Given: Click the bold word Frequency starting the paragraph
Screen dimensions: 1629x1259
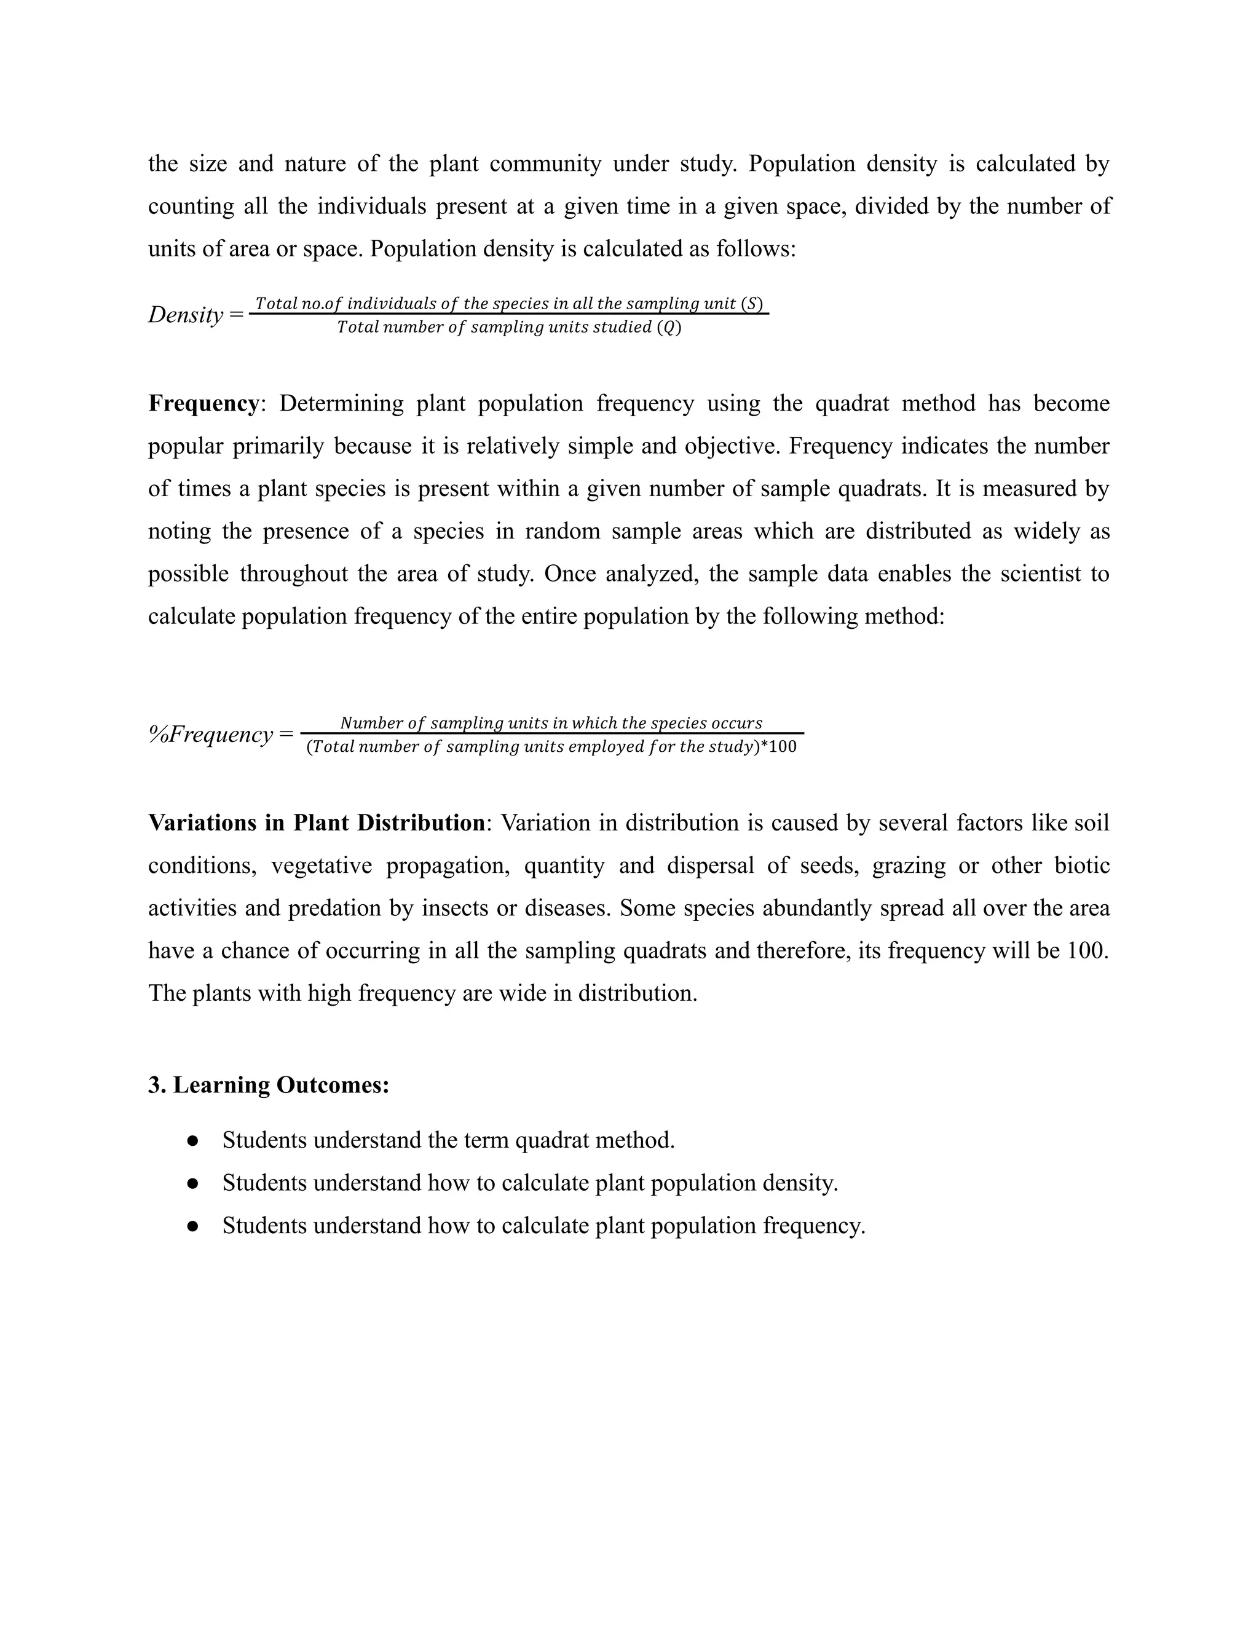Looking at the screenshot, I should [203, 403].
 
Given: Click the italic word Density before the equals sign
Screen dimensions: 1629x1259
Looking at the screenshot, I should [185, 315].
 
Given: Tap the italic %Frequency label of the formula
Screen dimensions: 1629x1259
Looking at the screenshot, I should [210, 735].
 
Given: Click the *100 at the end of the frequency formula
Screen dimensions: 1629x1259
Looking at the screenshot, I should [779, 747].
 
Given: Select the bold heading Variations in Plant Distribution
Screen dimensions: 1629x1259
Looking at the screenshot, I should [316, 822].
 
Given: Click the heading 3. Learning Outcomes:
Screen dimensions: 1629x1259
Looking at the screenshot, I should [269, 1084].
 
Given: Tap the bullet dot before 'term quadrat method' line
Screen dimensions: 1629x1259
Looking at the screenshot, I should [192, 1140].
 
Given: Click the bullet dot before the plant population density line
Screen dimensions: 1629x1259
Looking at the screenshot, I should [192, 1183].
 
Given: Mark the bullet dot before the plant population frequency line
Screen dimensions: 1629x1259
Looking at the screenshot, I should [192, 1226].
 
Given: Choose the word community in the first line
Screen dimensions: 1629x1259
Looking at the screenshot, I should [545, 164].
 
